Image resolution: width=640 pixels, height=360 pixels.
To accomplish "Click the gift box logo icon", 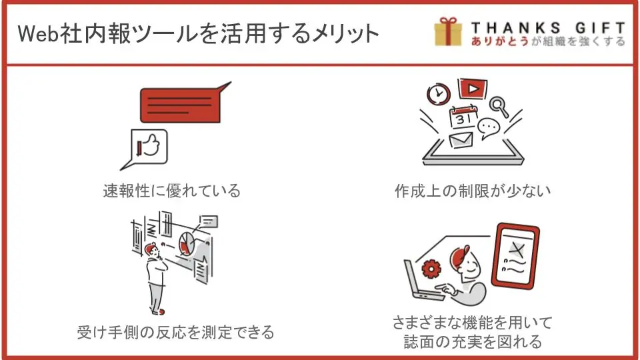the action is click(x=448, y=31).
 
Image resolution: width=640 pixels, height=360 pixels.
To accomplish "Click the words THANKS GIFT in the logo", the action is click(x=548, y=28).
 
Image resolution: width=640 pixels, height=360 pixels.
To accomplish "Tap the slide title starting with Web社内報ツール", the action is click(x=199, y=33).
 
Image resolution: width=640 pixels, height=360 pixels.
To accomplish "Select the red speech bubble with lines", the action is click(x=184, y=103).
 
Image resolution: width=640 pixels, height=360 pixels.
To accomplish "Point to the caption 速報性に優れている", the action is click(x=172, y=191).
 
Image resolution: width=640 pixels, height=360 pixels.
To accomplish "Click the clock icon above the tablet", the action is click(x=439, y=94).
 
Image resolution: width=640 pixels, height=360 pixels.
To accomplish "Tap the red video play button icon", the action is click(x=472, y=89).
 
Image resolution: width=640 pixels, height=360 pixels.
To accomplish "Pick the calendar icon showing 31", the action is click(x=463, y=117).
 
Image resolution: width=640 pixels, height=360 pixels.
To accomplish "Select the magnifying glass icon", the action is click(x=499, y=107).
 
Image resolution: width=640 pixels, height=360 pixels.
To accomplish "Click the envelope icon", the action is click(x=461, y=140).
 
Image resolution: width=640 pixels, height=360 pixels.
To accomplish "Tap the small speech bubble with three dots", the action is click(x=488, y=128).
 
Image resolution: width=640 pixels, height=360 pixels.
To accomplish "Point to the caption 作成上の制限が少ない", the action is click(x=473, y=191).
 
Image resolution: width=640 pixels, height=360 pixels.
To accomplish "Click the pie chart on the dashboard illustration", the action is click(x=187, y=243).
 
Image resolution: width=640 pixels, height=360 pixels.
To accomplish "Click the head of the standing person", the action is click(x=152, y=251).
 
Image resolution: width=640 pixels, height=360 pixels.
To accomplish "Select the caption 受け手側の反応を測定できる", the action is click(x=175, y=332).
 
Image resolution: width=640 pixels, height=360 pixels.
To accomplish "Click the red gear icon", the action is click(x=431, y=269).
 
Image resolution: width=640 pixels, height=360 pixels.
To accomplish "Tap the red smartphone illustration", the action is click(x=515, y=256).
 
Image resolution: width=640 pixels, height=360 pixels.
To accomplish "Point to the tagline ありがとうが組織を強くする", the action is click(x=548, y=41).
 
